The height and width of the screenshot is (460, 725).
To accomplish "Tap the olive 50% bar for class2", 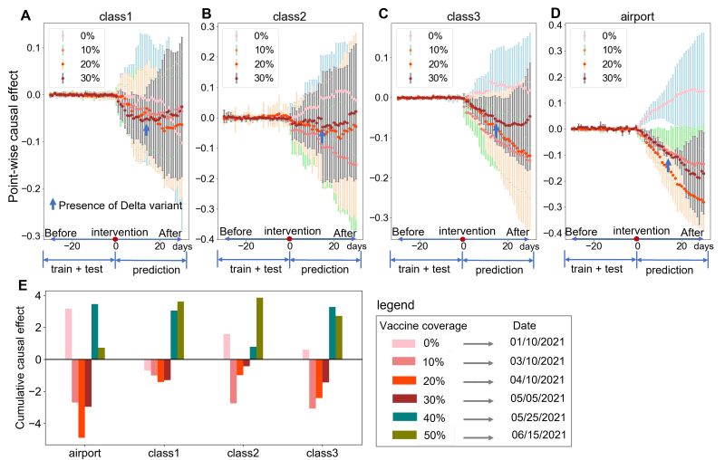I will [260, 328].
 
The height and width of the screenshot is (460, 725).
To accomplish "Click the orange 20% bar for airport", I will [82, 398].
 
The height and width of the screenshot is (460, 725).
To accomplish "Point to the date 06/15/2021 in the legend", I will [538, 436].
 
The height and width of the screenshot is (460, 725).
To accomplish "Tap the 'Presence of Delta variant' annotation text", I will [121, 206].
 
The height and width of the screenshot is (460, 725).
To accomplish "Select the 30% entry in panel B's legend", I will [263, 79].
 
